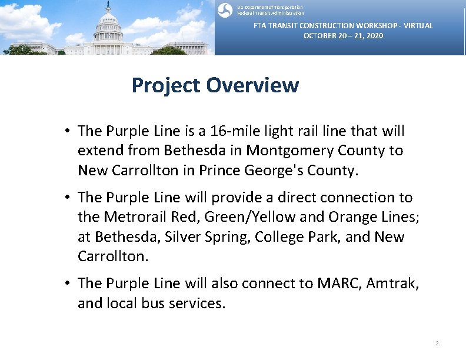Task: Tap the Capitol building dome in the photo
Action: tap(108, 21)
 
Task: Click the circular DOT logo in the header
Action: tap(225, 10)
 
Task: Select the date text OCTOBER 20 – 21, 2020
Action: tap(343, 36)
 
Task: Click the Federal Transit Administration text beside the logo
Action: tap(271, 13)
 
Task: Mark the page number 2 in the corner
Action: tap(437, 343)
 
